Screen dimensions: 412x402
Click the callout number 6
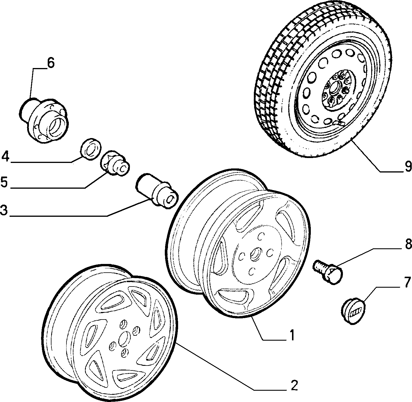click(50, 63)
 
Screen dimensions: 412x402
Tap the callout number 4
click(5, 157)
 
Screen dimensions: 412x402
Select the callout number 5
click(4, 182)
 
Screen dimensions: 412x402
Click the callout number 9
click(408, 167)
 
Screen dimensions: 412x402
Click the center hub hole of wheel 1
click(254, 254)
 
